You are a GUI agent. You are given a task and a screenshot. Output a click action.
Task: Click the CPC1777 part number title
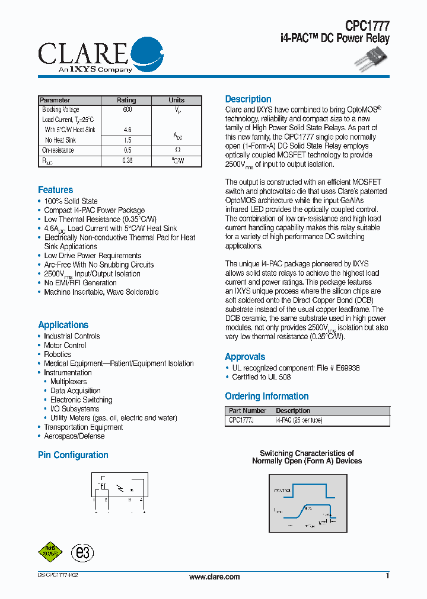click(x=368, y=25)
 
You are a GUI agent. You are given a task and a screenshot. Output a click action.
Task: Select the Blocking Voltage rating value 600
click(x=127, y=110)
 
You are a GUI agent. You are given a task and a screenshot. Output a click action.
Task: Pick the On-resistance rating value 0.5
click(x=127, y=150)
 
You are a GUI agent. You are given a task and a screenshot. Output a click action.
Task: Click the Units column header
click(x=177, y=100)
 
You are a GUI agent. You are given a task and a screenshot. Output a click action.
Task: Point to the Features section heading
click(x=56, y=190)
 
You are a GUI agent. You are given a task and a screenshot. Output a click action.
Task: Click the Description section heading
click(x=248, y=99)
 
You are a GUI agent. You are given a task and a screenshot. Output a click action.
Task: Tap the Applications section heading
click(x=63, y=325)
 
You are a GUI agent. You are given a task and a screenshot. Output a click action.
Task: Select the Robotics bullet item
click(x=58, y=355)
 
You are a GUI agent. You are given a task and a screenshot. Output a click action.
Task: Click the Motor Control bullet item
click(x=65, y=345)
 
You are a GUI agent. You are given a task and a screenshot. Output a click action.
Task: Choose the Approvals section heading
click(x=245, y=357)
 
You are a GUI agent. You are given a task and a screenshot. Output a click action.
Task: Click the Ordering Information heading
click(x=267, y=397)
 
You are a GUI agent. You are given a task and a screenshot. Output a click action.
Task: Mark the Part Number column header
click(x=248, y=411)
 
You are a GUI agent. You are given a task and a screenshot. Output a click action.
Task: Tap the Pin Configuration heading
click(x=73, y=455)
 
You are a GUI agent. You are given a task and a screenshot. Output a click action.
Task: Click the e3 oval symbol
click(x=82, y=553)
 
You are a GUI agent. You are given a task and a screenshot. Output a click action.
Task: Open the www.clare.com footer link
click(x=215, y=577)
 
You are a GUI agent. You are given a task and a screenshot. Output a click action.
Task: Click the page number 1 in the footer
click(x=387, y=576)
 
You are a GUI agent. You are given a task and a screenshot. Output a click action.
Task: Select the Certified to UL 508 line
click(x=262, y=377)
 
